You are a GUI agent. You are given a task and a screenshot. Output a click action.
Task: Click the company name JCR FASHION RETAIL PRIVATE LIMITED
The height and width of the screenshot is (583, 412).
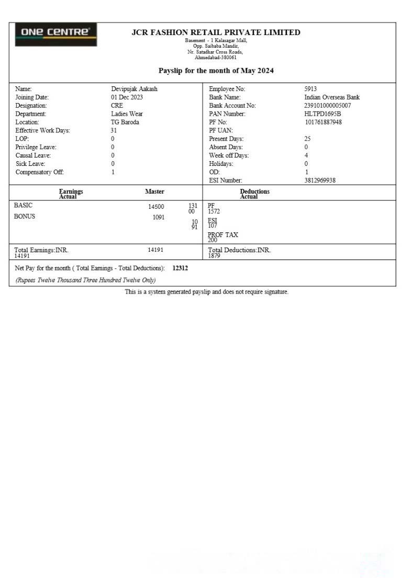(216, 32)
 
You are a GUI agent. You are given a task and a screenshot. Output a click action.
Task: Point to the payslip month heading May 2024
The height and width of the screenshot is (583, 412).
(216, 71)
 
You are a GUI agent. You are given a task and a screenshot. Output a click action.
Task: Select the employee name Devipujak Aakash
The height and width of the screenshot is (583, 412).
(134, 89)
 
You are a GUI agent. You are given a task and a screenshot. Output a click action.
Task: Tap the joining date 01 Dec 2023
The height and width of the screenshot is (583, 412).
(127, 97)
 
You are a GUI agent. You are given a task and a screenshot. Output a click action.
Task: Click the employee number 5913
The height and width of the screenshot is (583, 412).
(310, 89)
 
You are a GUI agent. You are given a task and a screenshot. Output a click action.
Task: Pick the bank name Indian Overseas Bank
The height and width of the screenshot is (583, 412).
(332, 97)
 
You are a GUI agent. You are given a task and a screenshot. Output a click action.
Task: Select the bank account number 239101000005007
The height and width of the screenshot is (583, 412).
(328, 106)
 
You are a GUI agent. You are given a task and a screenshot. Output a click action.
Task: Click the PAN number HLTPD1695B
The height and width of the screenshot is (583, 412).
(322, 114)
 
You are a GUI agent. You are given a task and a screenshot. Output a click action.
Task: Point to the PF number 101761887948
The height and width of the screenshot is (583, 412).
(324, 122)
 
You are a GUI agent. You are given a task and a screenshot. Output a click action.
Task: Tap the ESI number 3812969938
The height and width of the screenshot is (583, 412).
(320, 181)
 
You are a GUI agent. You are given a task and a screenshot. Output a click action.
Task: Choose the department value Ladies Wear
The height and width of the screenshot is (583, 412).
(127, 114)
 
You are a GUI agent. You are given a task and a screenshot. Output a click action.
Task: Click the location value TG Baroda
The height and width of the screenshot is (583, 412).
(125, 122)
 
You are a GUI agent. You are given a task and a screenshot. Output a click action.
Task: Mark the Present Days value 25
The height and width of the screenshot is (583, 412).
(307, 139)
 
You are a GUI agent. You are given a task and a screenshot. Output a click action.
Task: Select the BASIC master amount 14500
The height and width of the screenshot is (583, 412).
(156, 207)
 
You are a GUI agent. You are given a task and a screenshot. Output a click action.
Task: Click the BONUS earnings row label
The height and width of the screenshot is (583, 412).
(25, 216)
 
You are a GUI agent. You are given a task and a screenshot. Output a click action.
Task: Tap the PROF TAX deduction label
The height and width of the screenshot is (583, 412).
(222, 235)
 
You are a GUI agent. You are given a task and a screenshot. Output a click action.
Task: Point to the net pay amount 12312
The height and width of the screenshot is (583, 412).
(180, 268)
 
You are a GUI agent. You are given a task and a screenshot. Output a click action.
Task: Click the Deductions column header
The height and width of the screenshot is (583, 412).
(254, 192)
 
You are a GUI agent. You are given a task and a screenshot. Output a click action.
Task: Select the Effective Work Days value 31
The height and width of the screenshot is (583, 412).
(114, 131)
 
